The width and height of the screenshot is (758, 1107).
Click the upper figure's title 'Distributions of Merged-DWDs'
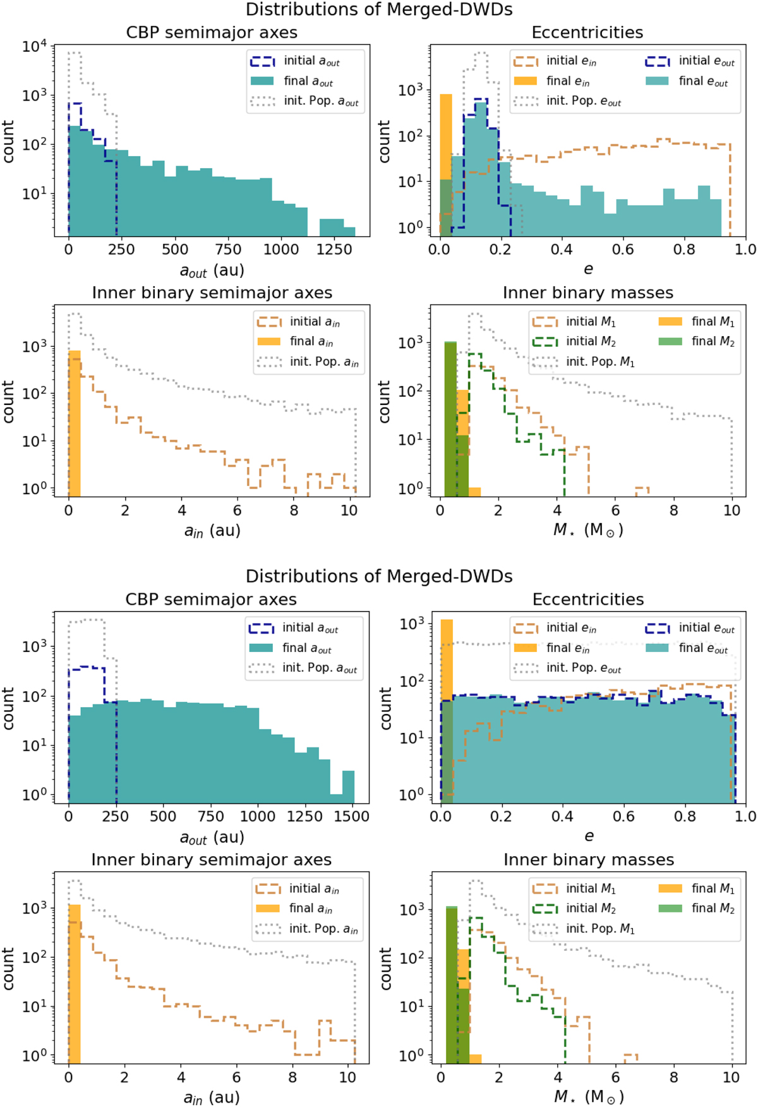[x=379, y=9]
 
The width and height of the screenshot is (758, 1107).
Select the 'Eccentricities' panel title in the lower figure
[x=588, y=599]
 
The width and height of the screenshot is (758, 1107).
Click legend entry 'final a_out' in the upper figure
[x=308, y=81]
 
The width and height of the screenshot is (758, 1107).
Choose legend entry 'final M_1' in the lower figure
[x=713, y=888]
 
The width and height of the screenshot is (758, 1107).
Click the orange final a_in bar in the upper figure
[x=75, y=423]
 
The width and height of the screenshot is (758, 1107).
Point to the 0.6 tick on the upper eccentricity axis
[x=623, y=249]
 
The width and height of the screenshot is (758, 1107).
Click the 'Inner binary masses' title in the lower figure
[x=589, y=860]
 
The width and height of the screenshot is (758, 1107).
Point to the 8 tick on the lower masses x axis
[x=674, y=1077]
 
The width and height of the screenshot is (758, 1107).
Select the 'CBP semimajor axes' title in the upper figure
[x=212, y=32]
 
